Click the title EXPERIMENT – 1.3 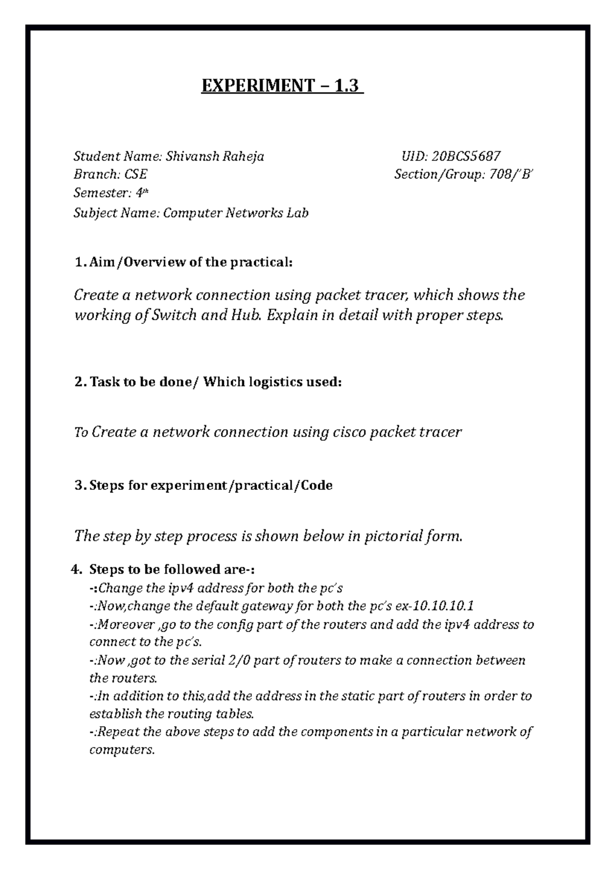point(282,86)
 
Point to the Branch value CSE point(135,175)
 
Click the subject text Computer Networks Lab point(236,213)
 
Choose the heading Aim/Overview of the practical point(191,263)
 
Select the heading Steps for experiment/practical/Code point(211,485)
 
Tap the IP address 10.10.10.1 point(442,607)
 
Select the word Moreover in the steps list point(126,625)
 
